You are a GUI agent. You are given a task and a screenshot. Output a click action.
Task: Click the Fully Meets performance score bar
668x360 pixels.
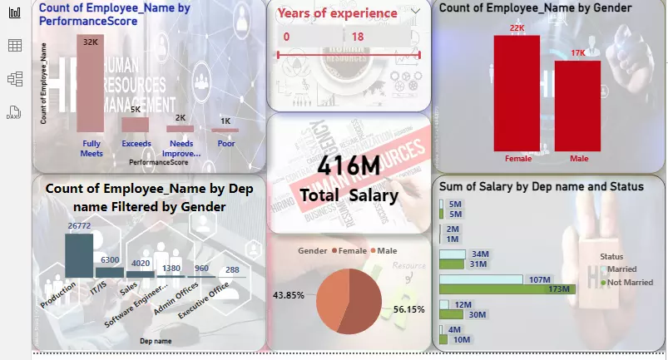pos(90,83)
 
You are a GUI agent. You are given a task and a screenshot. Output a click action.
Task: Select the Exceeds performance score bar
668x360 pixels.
pos(135,124)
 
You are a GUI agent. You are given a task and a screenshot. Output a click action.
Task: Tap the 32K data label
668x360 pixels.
pos(90,41)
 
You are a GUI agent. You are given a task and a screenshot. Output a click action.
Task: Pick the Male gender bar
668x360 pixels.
pos(577,106)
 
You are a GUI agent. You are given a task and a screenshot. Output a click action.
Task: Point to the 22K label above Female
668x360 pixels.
pos(517,28)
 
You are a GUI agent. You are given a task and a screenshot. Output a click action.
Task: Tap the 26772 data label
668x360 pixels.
pos(79,226)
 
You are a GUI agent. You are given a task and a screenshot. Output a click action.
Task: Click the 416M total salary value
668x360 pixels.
pos(349,167)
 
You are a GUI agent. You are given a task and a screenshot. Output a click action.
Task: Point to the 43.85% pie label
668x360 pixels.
pos(289,295)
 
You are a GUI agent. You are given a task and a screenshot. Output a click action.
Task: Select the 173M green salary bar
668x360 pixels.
pos(506,288)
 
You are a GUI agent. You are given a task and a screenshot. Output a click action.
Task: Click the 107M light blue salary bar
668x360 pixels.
pos(480,279)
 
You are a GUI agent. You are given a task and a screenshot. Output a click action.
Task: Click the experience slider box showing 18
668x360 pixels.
pos(379,37)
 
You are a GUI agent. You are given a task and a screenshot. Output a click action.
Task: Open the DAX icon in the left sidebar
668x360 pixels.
pos(13,113)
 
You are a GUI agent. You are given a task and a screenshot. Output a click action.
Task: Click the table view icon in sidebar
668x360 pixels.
pos(14,46)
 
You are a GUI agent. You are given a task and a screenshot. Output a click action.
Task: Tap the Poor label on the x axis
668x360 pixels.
pos(225,144)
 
